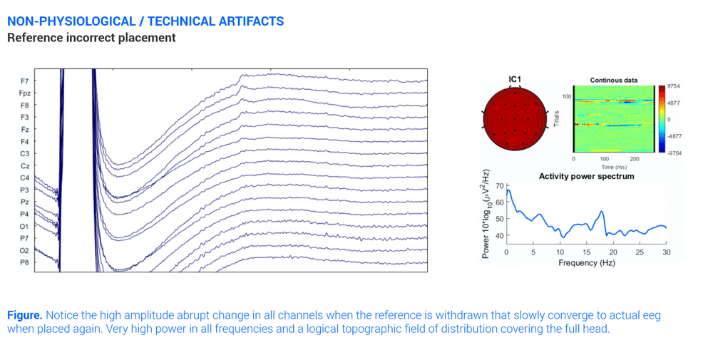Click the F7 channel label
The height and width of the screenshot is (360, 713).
(25, 81)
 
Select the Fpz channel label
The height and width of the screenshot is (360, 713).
(25, 93)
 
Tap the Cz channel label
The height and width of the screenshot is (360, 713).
(25, 166)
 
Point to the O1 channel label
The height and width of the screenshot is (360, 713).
(25, 227)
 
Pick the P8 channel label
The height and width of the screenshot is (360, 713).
(25, 263)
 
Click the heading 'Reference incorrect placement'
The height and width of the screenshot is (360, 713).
(91, 38)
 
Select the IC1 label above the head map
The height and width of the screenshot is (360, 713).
(515, 80)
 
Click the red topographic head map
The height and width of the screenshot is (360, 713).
(515, 118)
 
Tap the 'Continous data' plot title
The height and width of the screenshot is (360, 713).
(613, 81)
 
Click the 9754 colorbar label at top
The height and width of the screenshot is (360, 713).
(673, 86)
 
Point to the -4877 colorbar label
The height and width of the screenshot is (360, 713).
(673, 136)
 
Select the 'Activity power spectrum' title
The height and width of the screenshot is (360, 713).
(586, 176)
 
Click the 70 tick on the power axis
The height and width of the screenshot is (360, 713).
(498, 187)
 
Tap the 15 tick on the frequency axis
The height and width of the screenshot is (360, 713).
(586, 252)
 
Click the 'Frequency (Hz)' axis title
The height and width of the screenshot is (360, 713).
(586, 262)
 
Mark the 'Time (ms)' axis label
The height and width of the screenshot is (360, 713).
(613, 167)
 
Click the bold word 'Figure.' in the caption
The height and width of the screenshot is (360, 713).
(25, 314)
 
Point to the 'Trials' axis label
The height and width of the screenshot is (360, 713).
(556, 119)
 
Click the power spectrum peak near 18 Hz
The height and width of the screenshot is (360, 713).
(602, 212)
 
